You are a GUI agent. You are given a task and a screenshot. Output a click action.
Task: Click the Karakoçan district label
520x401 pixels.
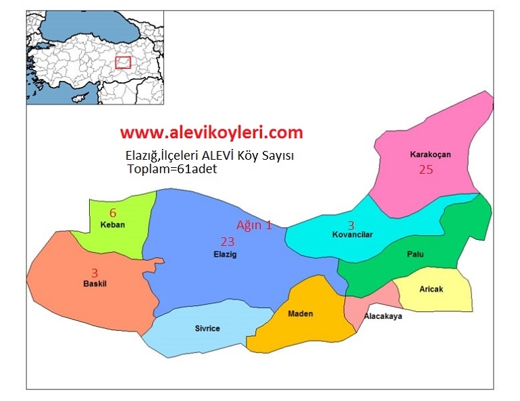[x=430, y=154]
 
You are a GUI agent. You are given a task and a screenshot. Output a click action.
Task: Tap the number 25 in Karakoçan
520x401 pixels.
[x=425, y=170]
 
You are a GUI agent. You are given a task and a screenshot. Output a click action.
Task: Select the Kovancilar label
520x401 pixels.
[x=352, y=235]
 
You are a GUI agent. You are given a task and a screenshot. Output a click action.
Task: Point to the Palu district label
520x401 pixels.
[x=415, y=253]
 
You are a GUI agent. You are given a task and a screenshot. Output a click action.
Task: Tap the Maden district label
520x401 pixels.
[x=300, y=313]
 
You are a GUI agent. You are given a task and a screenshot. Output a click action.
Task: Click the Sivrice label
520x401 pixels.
[x=207, y=328]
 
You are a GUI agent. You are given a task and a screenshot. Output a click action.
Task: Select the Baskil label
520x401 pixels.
[x=95, y=284]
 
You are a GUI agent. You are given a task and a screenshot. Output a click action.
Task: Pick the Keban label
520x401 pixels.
[x=112, y=224]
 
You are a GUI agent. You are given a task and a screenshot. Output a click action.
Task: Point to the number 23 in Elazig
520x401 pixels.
[x=227, y=241]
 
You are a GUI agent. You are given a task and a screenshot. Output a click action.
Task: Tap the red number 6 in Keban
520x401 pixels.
[x=113, y=212]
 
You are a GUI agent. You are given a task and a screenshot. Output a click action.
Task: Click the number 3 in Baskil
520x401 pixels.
[x=95, y=272]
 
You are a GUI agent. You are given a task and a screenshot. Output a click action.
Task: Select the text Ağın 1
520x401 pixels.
[x=254, y=225]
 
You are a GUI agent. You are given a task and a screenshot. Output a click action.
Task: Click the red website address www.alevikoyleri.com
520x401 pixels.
[x=211, y=132]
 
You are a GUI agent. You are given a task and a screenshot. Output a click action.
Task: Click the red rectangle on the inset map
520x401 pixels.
[x=122, y=62]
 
